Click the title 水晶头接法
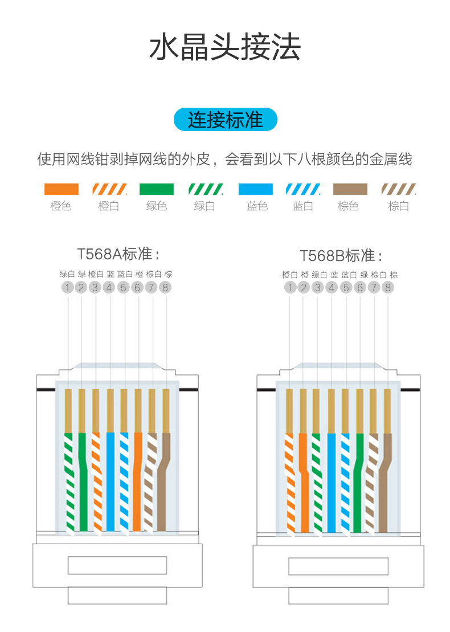tap(225, 47)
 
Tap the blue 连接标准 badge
tap(225, 120)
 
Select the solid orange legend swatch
tap(62, 189)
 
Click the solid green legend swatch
tap(156, 189)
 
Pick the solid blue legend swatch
tap(256, 189)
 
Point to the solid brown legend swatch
tap(350, 189)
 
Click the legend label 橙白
tap(108, 206)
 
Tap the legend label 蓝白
tap(302, 206)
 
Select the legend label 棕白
tap(398, 206)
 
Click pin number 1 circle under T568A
tap(68, 288)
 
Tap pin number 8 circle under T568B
tap(388, 288)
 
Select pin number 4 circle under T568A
tap(109, 288)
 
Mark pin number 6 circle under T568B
tap(360, 288)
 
